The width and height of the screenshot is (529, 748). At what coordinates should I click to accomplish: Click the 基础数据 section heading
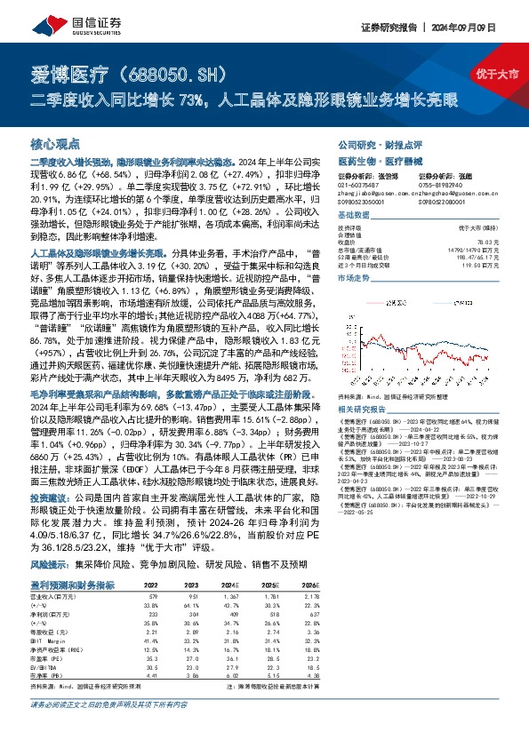point(356,216)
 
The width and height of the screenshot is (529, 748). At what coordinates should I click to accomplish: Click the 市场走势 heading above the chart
point(356,278)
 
